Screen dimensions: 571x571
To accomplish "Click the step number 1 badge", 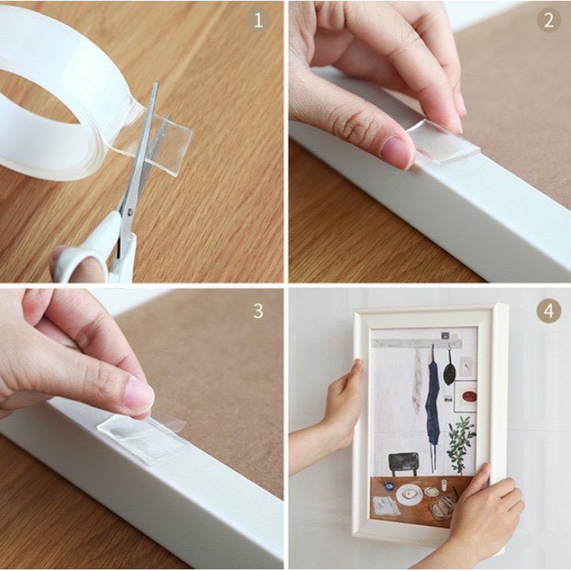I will tap(258, 20).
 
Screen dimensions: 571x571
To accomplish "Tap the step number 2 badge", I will tap(548, 20).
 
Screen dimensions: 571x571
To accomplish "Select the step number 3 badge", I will tap(258, 310).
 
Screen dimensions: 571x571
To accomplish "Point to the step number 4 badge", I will tap(548, 310).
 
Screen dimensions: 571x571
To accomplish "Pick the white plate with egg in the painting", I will tap(407, 495).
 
